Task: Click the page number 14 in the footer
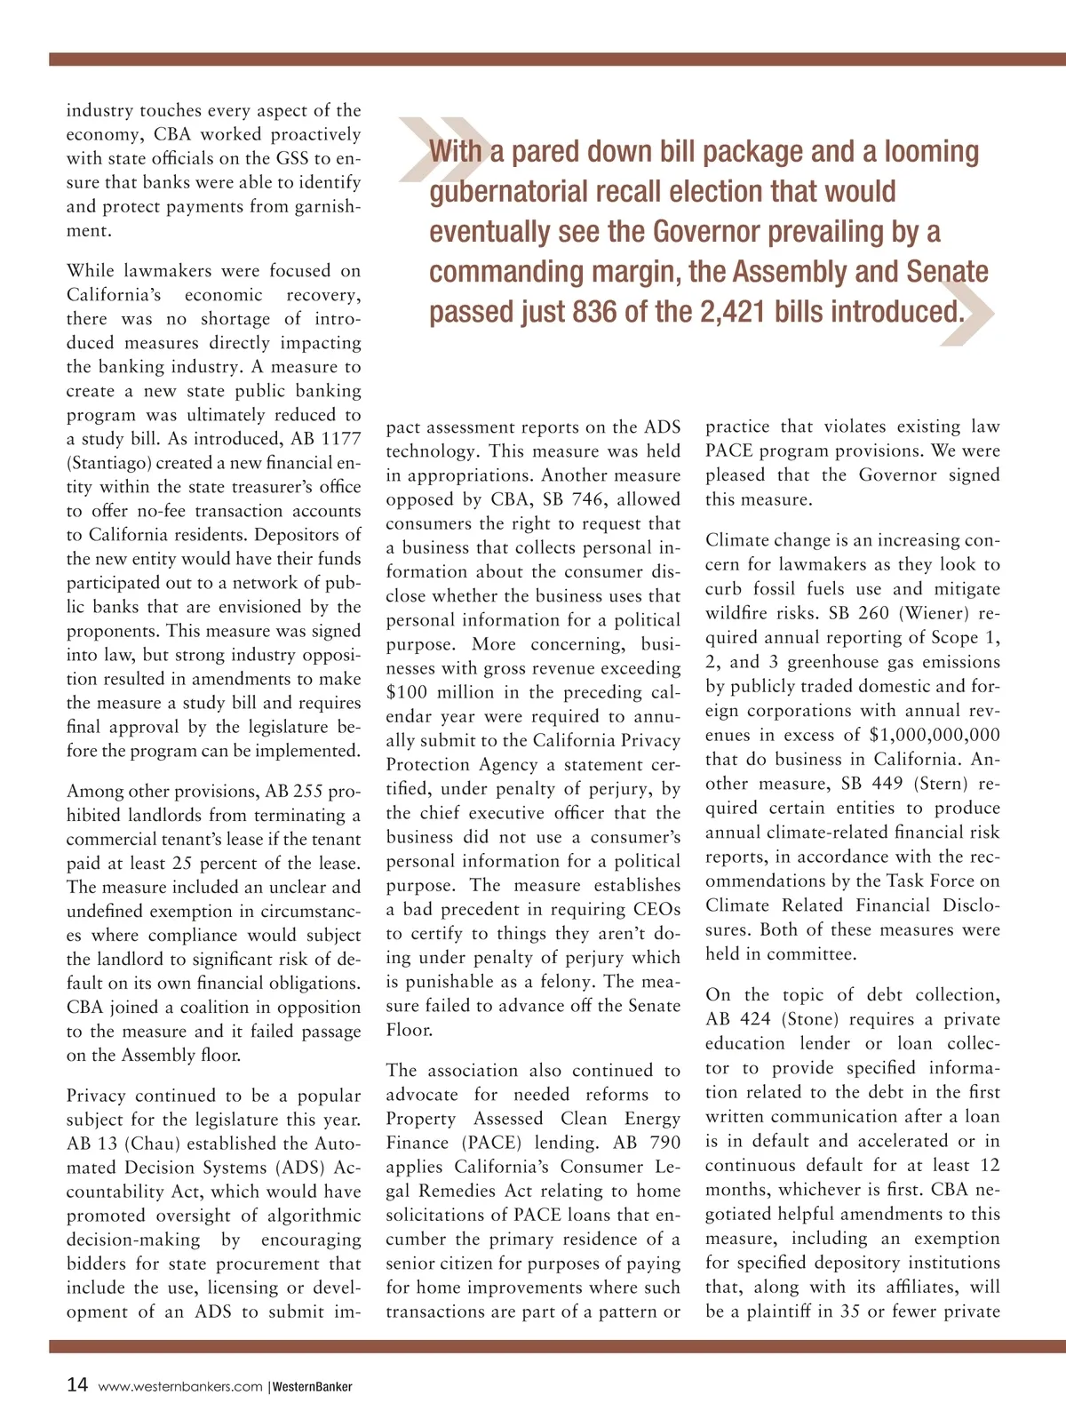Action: [x=77, y=1385]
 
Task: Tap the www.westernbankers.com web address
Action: [x=180, y=1387]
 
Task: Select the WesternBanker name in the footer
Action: [x=312, y=1387]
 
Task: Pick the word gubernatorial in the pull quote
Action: [x=509, y=192]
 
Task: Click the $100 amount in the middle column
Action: [x=407, y=692]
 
